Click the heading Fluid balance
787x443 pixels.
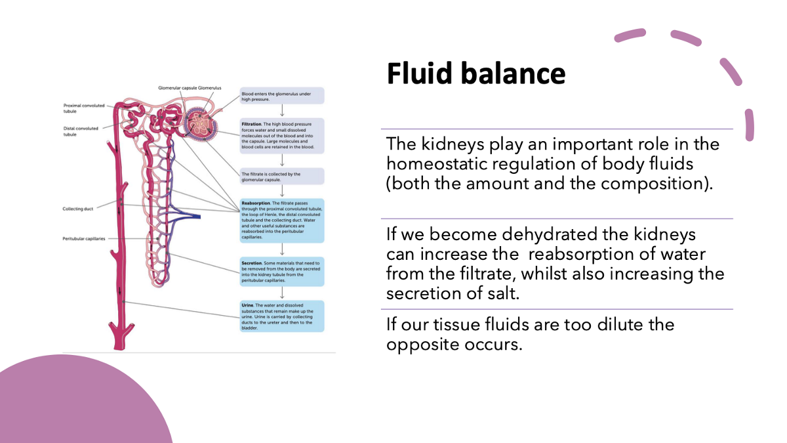pyautogui.click(x=475, y=74)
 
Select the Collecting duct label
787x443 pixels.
pyautogui.click(x=78, y=209)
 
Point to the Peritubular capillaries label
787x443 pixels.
pyautogui.click(x=84, y=239)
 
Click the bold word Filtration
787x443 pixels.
pyautogui.click(x=252, y=123)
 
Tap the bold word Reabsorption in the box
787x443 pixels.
pyautogui.click(x=255, y=203)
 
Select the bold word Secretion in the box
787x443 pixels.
pyautogui.click(x=252, y=263)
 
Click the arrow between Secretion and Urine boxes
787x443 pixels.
pyautogui.click(x=282, y=293)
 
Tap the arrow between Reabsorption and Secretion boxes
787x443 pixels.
pyautogui.click(x=282, y=249)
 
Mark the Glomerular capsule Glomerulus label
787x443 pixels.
pyautogui.click(x=190, y=88)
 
